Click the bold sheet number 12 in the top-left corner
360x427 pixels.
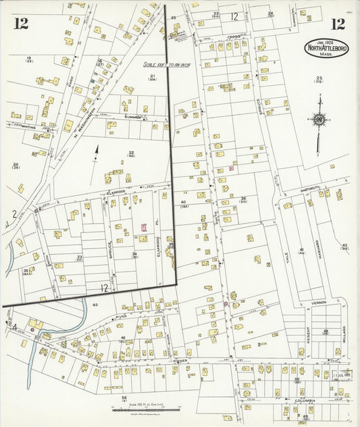20,24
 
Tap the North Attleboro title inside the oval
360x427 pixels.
326,49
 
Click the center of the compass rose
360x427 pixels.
318,120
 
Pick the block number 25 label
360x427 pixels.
318,79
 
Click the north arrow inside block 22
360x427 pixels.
95,153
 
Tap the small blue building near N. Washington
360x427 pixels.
93,80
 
